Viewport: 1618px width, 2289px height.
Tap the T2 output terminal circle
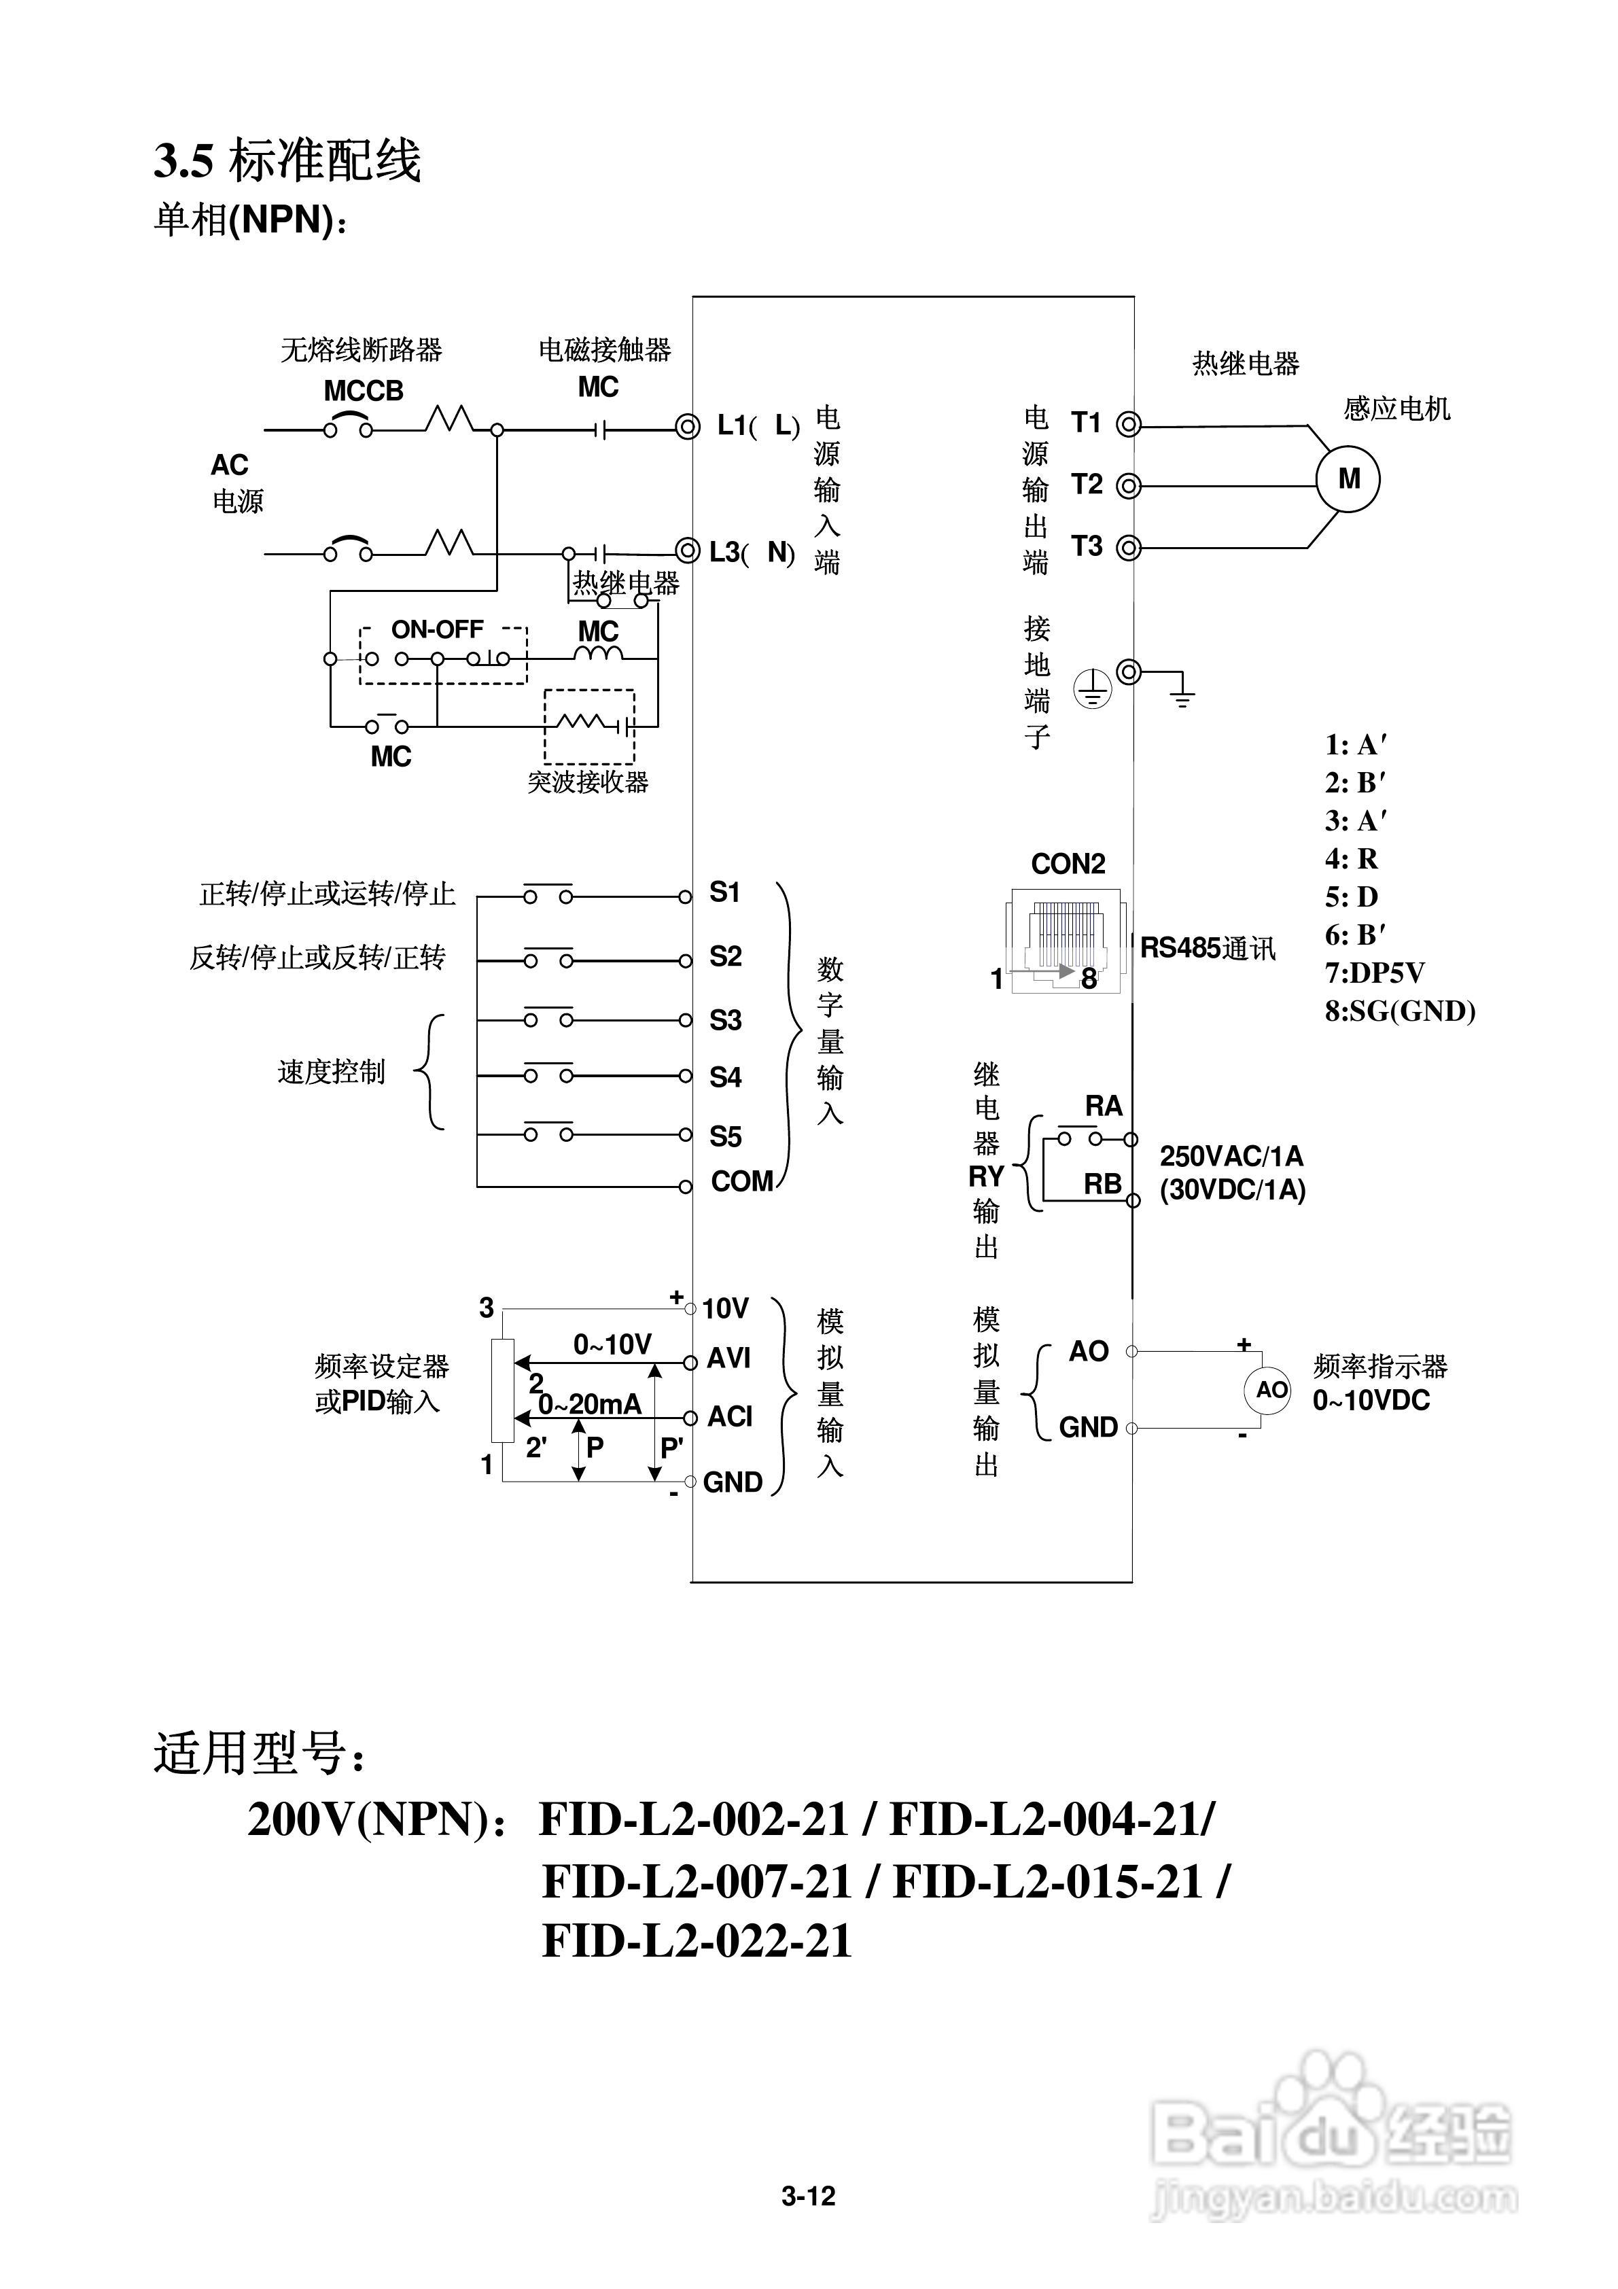[x=1127, y=485]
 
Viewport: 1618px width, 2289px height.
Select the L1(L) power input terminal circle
[x=686, y=427]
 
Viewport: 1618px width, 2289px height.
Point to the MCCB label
[x=364, y=391]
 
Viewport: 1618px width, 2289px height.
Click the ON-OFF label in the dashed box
[x=437, y=630]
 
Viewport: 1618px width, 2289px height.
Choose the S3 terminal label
[x=726, y=1021]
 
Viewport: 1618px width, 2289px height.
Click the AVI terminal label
[x=728, y=1358]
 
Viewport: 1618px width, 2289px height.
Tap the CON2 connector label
[x=1068, y=863]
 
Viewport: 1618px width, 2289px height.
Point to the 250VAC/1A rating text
[x=1231, y=1157]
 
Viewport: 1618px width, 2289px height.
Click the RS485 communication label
[x=1208, y=948]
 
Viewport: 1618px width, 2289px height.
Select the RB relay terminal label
[x=1103, y=1185]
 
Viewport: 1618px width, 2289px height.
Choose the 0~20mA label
[x=590, y=1405]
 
